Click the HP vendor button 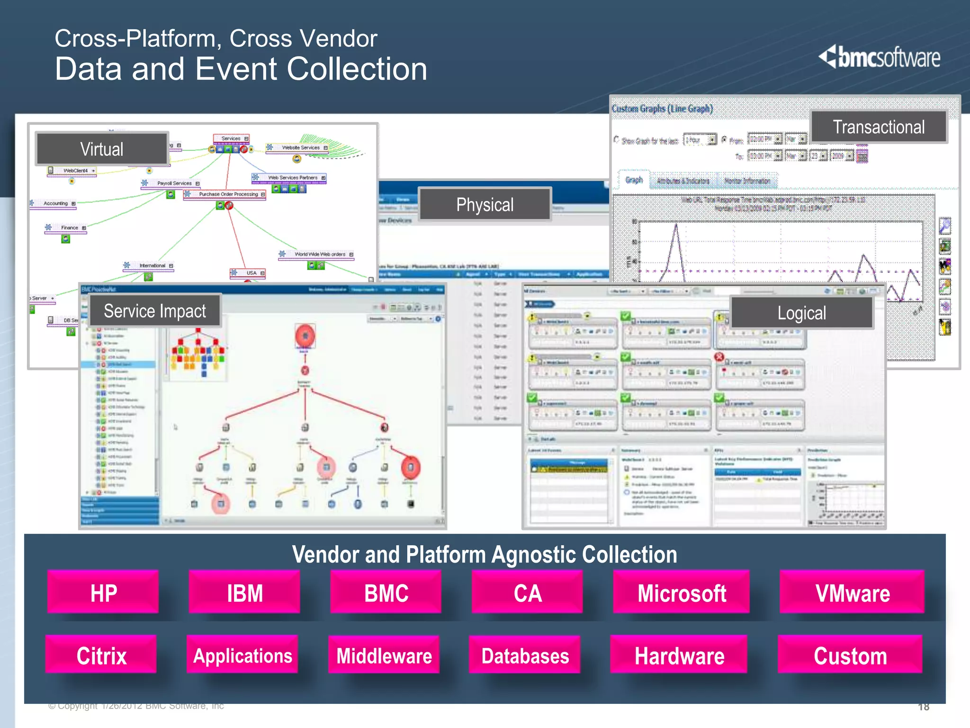click(103, 592)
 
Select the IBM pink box click(244, 592)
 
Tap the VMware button click(852, 592)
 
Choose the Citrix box click(101, 655)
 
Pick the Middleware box click(384, 655)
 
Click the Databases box click(525, 655)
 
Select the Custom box click(850, 655)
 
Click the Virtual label click(102, 149)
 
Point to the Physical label click(485, 204)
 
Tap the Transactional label click(878, 127)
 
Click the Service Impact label click(155, 311)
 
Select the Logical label click(801, 313)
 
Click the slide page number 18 click(924, 707)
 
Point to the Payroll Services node click(174, 183)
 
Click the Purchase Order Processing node click(228, 194)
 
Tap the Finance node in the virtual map click(69, 228)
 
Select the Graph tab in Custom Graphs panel click(634, 180)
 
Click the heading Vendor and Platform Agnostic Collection click(485, 555)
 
